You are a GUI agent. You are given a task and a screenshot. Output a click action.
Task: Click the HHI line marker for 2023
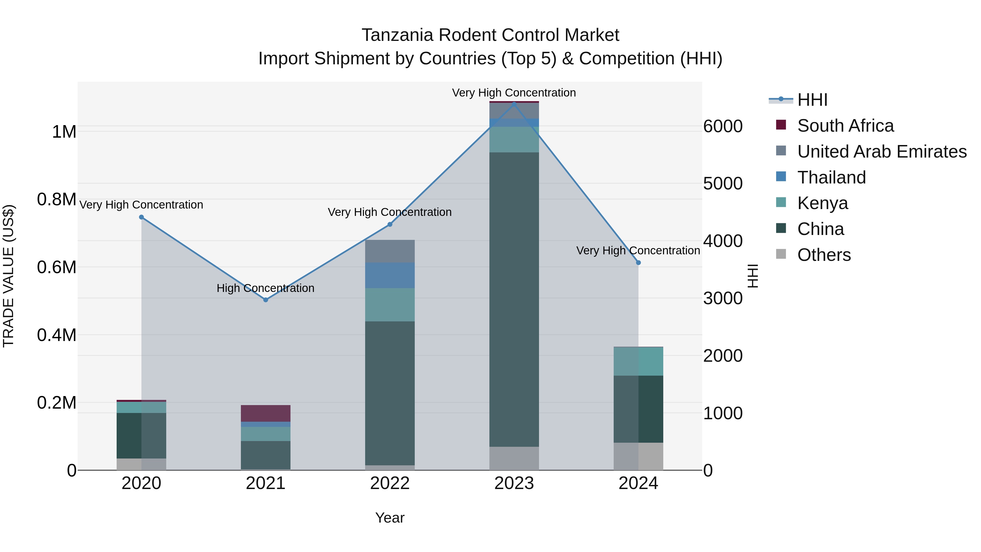coord(514,104)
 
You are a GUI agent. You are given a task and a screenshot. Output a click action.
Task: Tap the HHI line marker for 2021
coord(266,300)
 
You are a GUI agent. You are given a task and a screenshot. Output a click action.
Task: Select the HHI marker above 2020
coord(141,217)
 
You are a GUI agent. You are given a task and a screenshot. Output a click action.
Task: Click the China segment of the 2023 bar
coord(514,299)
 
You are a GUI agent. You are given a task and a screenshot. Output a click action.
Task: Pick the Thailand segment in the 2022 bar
coord(390,275)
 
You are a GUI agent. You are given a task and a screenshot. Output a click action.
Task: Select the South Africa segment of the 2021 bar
coord(265,413)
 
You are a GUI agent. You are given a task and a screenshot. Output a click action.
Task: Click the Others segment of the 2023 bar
coord(514,458)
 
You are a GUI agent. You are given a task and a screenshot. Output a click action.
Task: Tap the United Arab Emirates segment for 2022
coord(390,251)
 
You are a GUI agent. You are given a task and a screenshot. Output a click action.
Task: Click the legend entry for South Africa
coord(845,126)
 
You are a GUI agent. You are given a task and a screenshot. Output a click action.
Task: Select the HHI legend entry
coord(812,100)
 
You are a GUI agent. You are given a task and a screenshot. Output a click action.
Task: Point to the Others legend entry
coord(824,255)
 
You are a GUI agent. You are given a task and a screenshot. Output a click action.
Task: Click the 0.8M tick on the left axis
coord(57,199)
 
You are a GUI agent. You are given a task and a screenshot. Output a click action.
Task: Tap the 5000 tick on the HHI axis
coord(722,184)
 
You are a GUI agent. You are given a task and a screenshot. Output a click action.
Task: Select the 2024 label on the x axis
coord(638,483)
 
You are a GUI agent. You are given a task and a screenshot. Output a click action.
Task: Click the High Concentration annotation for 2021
coord(265,288)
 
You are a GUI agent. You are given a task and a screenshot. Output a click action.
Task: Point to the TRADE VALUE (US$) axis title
coord(8,276)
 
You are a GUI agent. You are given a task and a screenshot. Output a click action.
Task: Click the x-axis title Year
coord(390,518)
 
